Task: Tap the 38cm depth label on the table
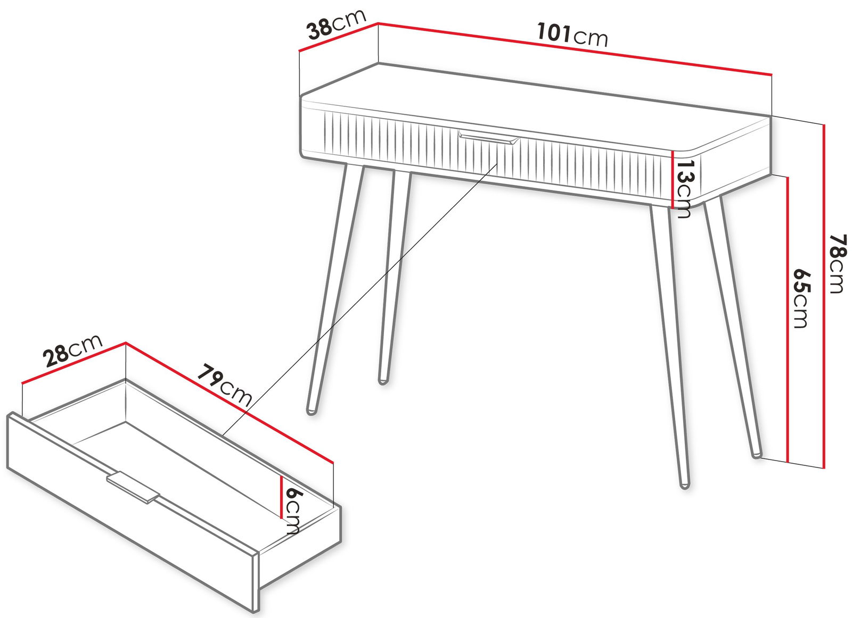coord(337,24)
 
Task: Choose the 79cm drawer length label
coord(224,385)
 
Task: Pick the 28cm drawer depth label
coord(72,350)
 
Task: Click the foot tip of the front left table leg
coord(311,412)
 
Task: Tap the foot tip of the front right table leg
coord(684,486)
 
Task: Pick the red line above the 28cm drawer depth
coord(73,363)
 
